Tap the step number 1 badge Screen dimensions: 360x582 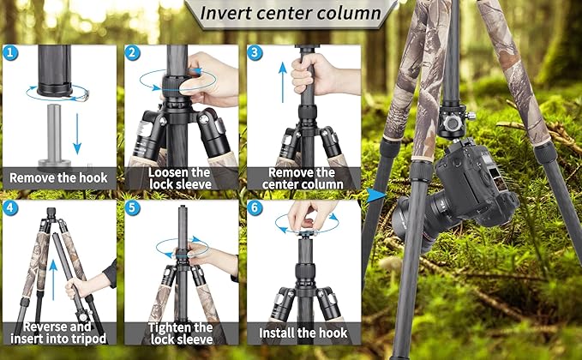coord(9,52)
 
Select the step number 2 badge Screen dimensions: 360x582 coord(133,52)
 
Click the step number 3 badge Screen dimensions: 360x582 coord(255,52)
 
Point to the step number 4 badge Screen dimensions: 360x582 coord(9,208)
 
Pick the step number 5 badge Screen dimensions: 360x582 coord(133,208)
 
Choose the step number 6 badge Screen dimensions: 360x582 coord(255,208)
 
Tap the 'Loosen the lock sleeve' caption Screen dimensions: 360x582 coord(181,177)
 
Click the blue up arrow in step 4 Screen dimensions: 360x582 coord(53,274)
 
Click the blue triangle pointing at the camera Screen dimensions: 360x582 coord(375,195)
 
